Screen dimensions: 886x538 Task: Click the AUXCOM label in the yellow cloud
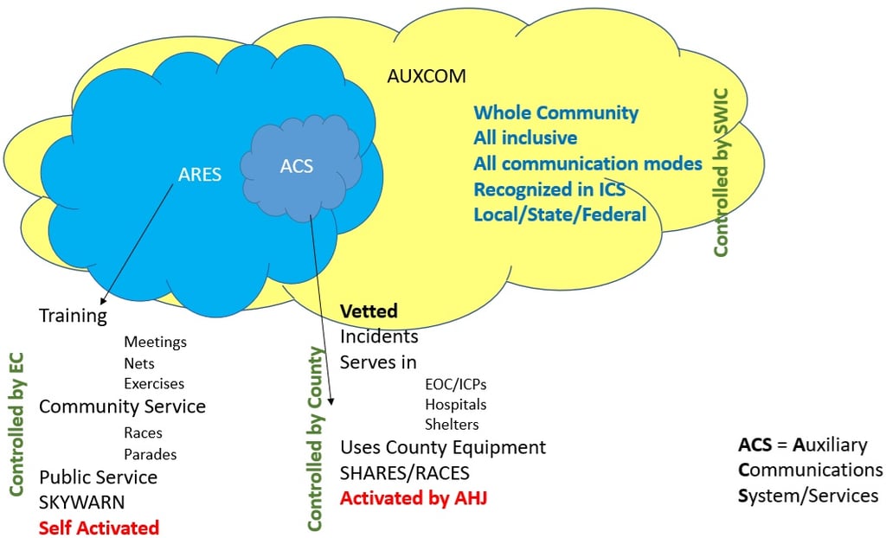coord(427,76)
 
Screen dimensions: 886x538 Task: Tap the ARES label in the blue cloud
coord(200,174)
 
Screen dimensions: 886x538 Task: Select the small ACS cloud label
coord(297,166)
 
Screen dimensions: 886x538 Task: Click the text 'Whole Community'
coord(556,113)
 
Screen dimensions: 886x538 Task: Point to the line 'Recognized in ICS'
coord(549,189)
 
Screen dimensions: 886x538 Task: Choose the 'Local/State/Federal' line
coord(560,215)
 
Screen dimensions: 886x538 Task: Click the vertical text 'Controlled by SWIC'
coord(721,172)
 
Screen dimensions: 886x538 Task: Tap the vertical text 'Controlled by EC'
coord(16,425)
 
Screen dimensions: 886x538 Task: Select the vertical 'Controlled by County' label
coord(314,439)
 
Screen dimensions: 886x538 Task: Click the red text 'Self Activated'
coord(99,528)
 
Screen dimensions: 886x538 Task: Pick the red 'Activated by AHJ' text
coord(414,498)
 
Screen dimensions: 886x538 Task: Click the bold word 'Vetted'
coord(369,311)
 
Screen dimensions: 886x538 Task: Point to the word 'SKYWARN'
coord(82,502)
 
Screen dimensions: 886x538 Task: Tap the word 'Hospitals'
coord(455,405)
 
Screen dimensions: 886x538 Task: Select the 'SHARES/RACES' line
coord(405,473)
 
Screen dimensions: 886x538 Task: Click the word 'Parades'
coord(151,454)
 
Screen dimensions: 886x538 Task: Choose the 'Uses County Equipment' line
coord(443,447)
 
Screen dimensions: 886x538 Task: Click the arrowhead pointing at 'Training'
coord(102,301)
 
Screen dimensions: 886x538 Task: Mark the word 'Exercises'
coord(154,384)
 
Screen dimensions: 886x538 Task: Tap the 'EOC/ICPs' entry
coord(455,385)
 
